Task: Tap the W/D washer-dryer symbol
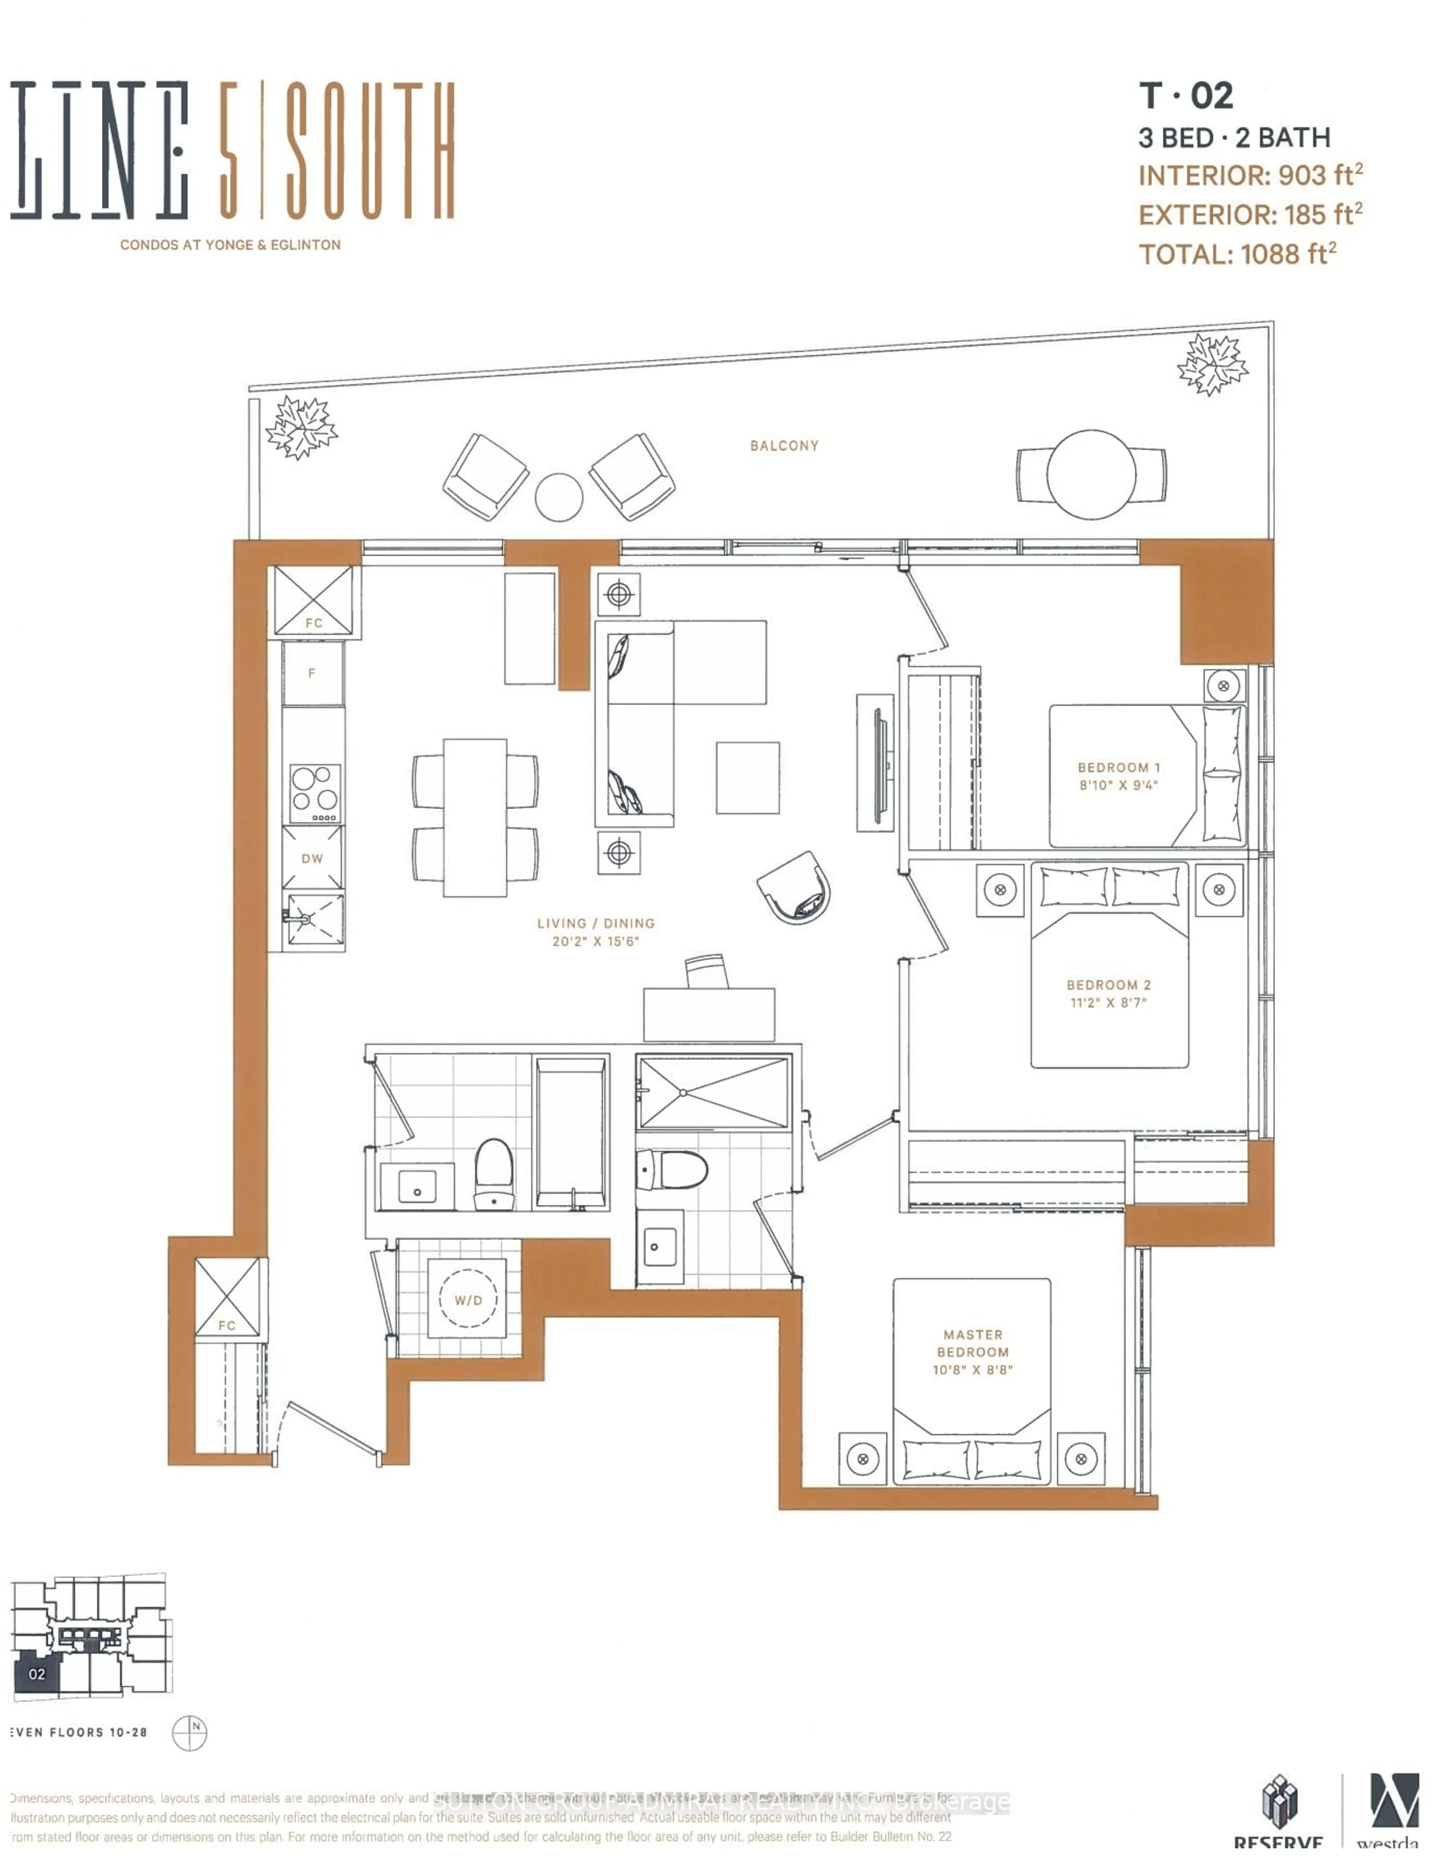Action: [x=468, y=1300]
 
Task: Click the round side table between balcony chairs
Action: [x=558, y=497]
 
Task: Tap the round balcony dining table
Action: [x=1091, y=474]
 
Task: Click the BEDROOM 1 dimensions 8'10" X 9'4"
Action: [x=1118, y=785]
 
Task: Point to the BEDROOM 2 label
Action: [x=1108, y=985]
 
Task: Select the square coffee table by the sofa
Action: [x=748, y=777]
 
